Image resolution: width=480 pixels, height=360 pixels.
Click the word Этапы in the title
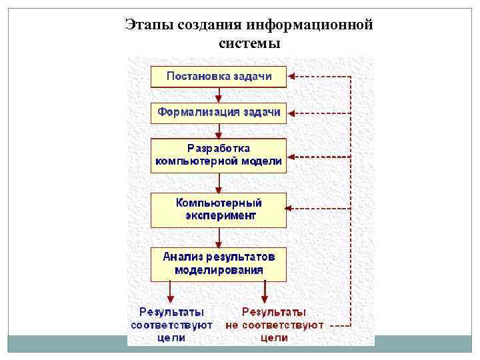click(x=150, y=25)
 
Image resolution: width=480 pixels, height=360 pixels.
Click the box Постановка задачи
click(x=219, y=77)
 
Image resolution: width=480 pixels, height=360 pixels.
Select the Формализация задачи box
click(x=219, y=113)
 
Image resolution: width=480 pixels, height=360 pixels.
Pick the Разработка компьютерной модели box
click(x=219, y=155)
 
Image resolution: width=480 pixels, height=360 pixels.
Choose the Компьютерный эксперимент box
click(x=219, y=210)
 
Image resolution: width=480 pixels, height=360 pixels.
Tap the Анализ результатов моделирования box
click(x=219, y=264)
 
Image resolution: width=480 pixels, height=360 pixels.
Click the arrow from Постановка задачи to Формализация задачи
click(x=219, y=95)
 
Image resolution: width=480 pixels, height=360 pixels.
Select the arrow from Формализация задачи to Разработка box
click(x=219, y=131)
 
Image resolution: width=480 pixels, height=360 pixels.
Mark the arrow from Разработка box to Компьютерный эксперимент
click(x=219, y=183)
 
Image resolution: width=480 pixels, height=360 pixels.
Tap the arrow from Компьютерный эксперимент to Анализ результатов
click(x=219, y=238)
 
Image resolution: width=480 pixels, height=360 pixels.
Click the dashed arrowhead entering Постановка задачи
click(x=292, y=77)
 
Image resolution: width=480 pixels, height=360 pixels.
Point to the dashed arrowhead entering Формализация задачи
click(x=292, y=113)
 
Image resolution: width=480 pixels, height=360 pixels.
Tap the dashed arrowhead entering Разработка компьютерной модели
click(x=292, y=157)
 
